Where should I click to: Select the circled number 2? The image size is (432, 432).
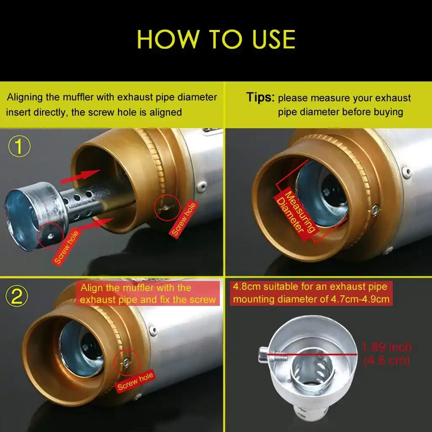tap(17, 297)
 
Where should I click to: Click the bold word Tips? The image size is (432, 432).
tap(260, 97)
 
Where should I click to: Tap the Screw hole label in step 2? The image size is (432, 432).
tap(135, 381)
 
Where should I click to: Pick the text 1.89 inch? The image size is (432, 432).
tap(387, 347)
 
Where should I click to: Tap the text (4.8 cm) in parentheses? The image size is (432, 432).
tap(387, 362)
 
